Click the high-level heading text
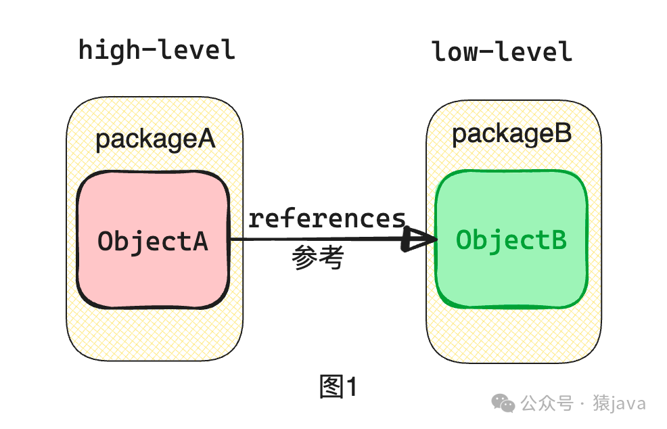[x=157, y=51]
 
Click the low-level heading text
[x=502, y=52]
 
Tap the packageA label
[x=155, y=139]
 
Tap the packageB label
[x=512, y=134]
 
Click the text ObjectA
[x=153, y=242]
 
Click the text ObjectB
[x=511, y=240]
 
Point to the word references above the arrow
[x=327, y=219]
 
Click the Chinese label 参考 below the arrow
[x=319, y=258]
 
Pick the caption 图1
[x=338, y=387]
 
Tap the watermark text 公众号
[x=547, y=404]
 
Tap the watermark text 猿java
[x=619, y=404]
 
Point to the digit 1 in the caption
[x=350, y=387]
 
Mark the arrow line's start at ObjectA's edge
[x=231, y=240]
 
